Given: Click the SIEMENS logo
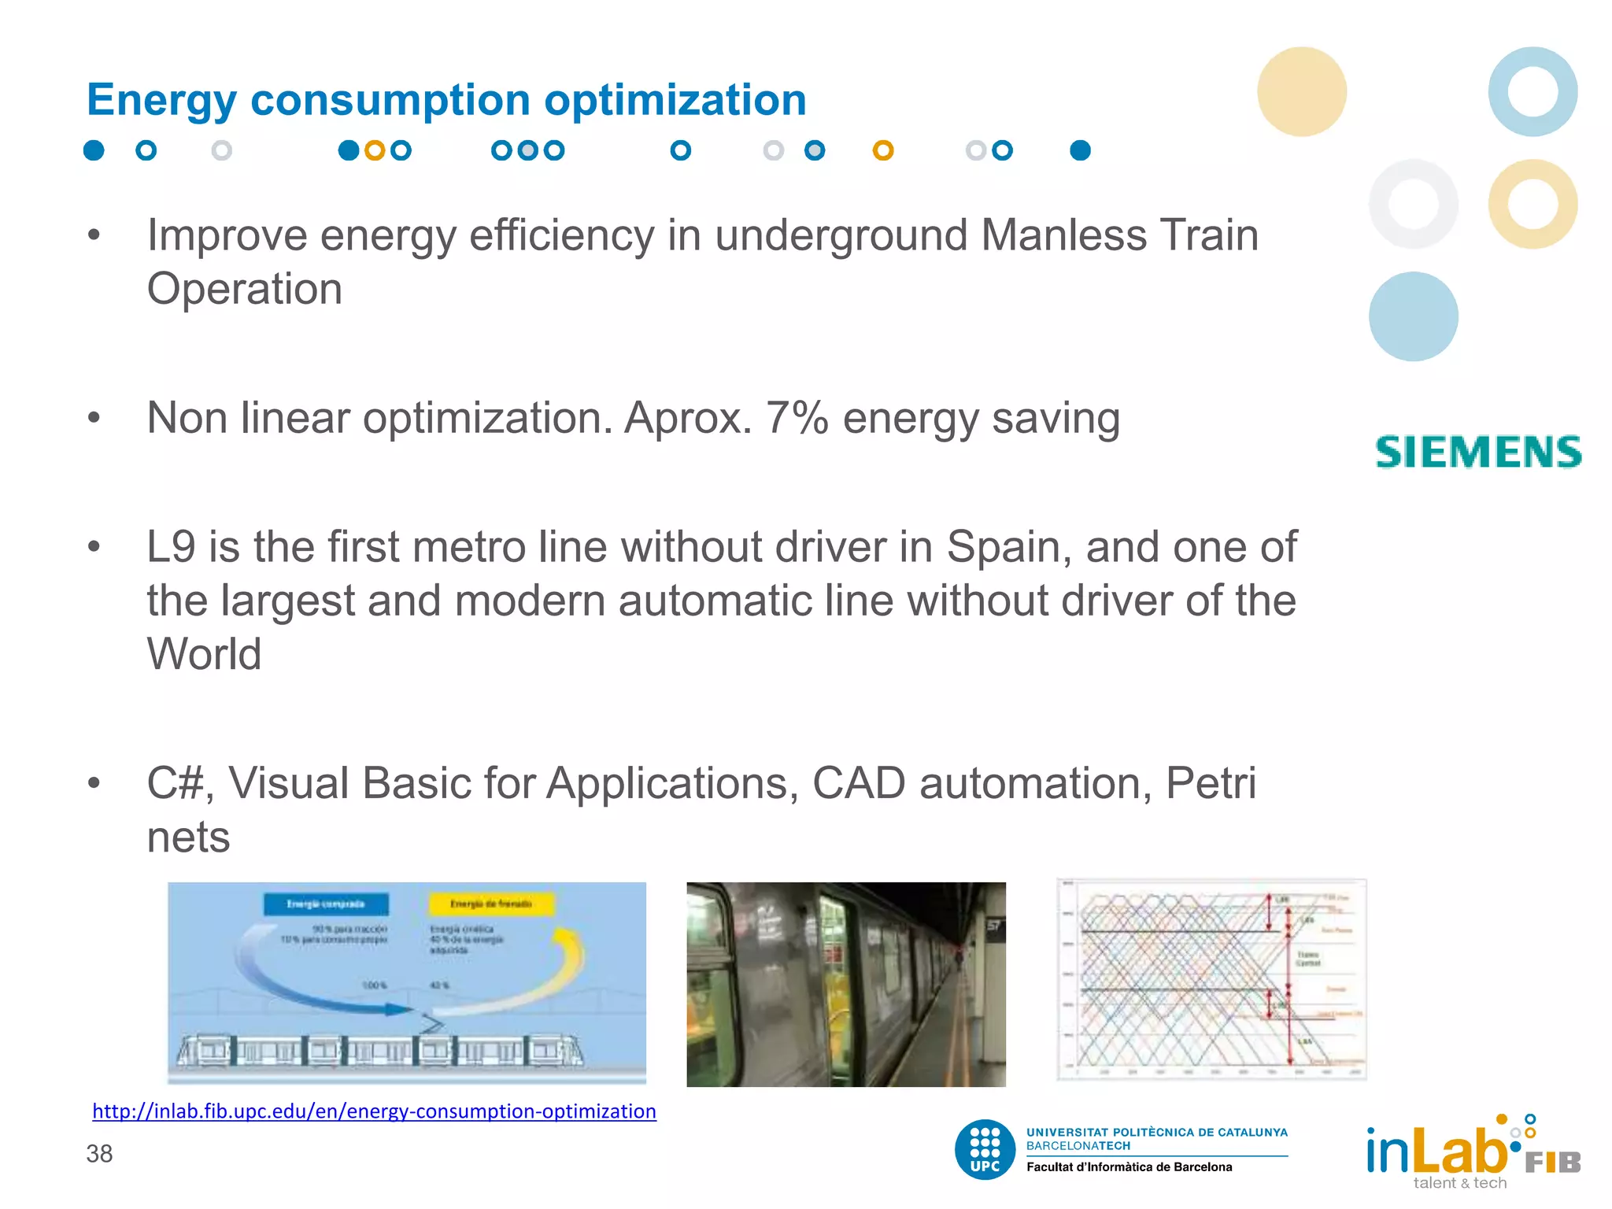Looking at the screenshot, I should tap(1478, 453).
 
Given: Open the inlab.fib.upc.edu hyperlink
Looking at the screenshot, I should tap(374, 1111).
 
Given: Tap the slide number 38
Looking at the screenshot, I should tap(99, 1154).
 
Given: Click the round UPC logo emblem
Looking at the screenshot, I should tap(985, 1150).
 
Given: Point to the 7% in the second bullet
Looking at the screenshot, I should tap(797, 418).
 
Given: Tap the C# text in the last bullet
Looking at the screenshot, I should tap(179, 783).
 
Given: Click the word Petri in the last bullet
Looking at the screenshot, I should tap(1210, 783).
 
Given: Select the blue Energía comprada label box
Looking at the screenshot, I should tap(326, 904).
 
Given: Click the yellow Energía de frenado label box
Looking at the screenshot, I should tap(491, 904).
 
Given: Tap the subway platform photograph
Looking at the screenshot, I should tap(845, 984).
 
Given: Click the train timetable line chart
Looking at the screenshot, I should tap(1211, 980).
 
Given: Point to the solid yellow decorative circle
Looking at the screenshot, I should tap(1301, 91).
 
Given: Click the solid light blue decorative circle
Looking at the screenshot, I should tap(1413, 316).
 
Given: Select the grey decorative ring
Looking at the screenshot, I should tap(1413, 204).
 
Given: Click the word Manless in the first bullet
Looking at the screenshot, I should tap(1063, 235).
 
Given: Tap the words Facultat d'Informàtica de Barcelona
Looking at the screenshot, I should tap(1129, 1167).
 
